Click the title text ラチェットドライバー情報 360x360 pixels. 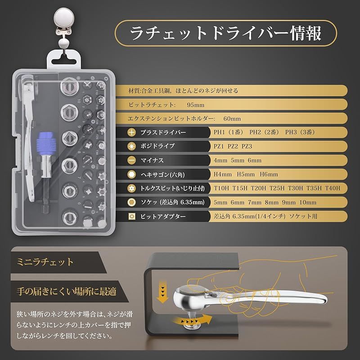click(x=226, y=33)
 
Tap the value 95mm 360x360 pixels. click(x=196, y=105)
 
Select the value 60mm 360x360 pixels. click(x=232, y=119)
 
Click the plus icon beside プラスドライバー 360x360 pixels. click(x=131, y=132)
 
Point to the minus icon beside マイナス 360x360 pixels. click(x=131, y=161)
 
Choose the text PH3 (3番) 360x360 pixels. click(x=300, y=132)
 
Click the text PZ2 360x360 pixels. click(x=233, y=147)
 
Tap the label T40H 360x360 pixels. click(x=333, y=188)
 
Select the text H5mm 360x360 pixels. click(x=246, y=174)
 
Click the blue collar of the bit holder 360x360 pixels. click(x=46, y=144)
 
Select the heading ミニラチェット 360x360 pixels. click(x=45, y=262)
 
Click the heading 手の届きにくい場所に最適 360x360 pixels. click(x=67, y=291)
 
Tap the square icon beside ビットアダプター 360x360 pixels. click(x=131, y=216)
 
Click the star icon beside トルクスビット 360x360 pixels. click(x=131, y=189)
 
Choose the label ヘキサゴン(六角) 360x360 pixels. click(x=162, y=175)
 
